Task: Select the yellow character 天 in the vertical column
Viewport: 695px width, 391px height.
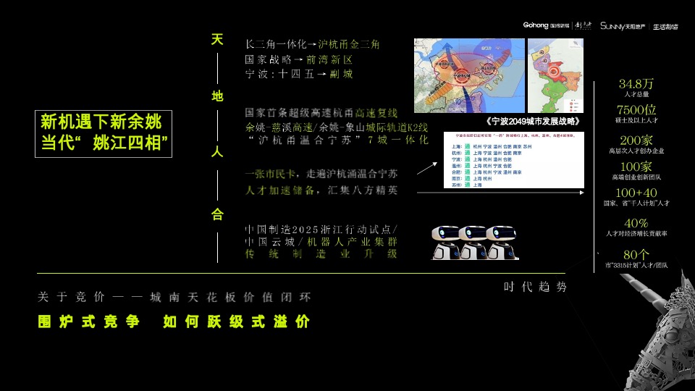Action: point(217,39)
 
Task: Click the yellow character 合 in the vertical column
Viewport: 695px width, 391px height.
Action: point(217,214)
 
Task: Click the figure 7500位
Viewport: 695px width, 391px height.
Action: point(636,110)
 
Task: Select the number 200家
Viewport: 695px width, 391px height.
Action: point(636,140)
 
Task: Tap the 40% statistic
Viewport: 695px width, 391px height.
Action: point(636,223)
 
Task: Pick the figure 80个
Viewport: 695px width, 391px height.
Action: point(636,254)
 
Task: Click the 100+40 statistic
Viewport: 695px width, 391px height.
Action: point(636,193)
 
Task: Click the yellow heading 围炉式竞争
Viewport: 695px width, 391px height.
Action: point(89,322)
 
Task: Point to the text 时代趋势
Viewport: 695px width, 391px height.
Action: point(536,287)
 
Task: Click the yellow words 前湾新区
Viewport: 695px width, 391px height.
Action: point(329,59)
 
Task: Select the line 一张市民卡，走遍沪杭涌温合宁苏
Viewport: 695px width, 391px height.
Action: point(321,174)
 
